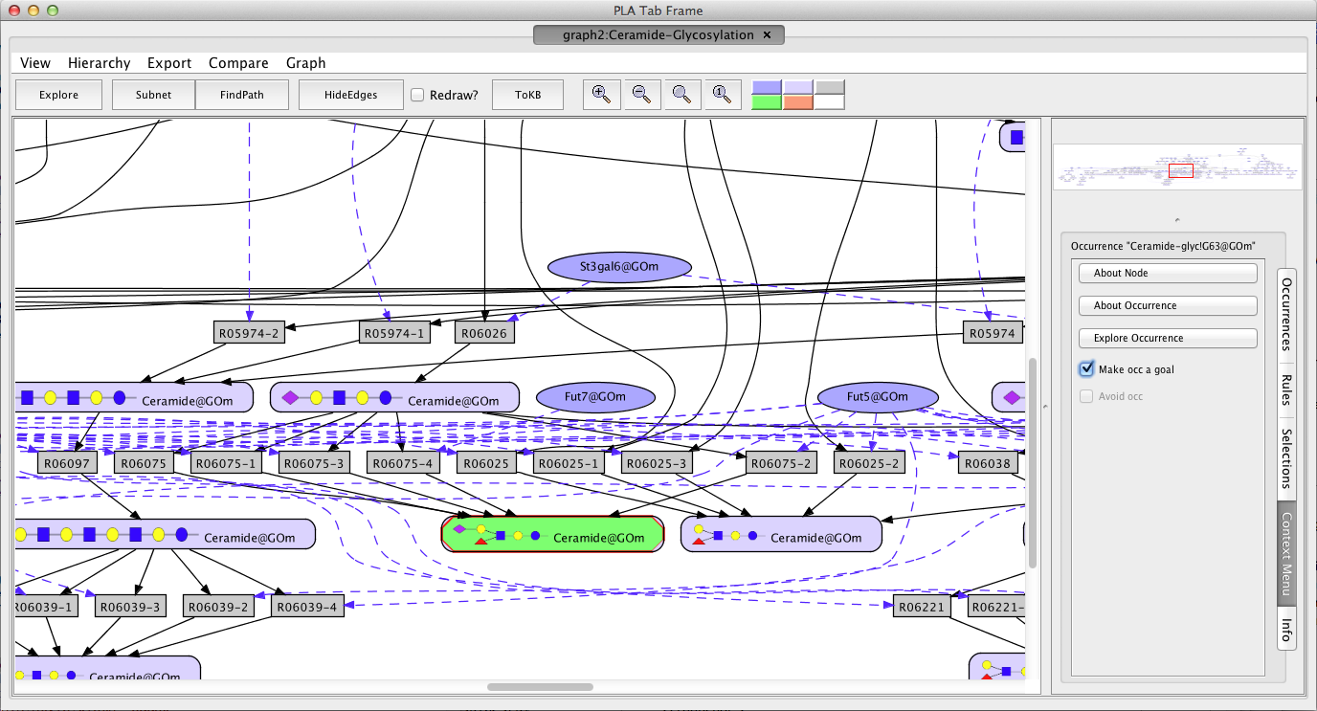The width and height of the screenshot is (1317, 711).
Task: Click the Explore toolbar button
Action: (58, 95)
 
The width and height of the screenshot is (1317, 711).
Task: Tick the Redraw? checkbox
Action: (417, 95)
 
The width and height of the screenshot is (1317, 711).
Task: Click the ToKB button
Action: (527, 95)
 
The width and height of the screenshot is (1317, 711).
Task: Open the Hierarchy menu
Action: (99, 63)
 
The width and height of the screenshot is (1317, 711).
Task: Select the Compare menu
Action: (238, 63)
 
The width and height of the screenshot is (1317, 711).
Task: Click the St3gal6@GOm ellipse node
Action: (619, 267)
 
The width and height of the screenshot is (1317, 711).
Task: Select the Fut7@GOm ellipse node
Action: (595, 397)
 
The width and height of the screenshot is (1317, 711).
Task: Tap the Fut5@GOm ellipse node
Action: (878, 397)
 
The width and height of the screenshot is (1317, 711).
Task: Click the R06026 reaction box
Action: (484, 333)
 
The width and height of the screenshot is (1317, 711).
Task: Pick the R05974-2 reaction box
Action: (249, 333)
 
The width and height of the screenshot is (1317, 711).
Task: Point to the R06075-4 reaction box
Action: (402, 463)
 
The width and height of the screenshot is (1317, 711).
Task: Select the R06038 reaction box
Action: (987, 463)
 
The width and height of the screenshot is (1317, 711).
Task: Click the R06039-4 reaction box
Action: (307, 607)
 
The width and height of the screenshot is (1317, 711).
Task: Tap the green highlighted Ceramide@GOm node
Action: (552, 535)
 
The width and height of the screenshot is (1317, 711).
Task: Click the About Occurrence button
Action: (1168, 305)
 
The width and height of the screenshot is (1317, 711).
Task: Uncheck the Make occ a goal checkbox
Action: (1086, 369)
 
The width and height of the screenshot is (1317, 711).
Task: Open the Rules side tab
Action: (1286, 390)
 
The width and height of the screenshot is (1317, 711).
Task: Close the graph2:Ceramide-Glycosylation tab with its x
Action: (767, 34)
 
